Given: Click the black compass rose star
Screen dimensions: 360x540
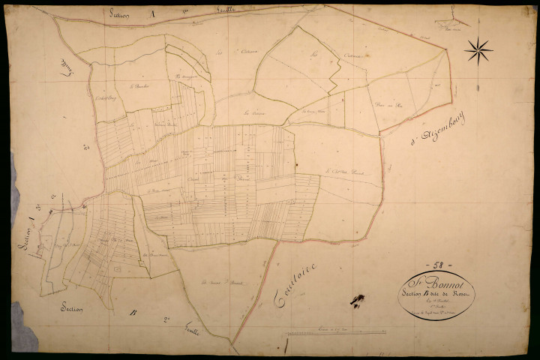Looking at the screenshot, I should (478, 51).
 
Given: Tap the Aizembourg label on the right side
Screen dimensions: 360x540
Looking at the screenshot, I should (439, 128).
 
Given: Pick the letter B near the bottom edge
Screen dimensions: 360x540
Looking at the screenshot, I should (133, 313).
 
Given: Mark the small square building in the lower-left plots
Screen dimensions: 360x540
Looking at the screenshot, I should (116, 266).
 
